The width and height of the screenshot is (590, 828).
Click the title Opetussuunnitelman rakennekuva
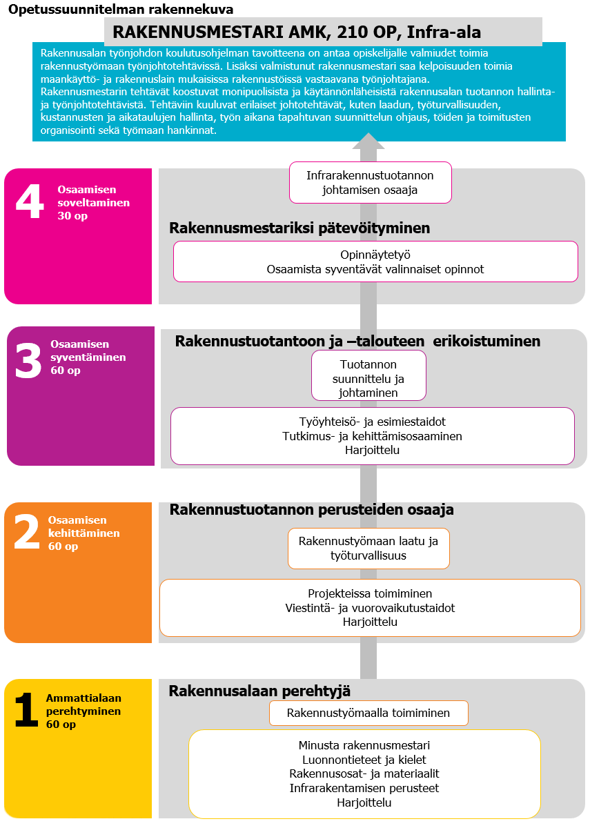[121, 10]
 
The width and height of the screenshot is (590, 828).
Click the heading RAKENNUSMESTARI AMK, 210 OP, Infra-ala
[297, 32]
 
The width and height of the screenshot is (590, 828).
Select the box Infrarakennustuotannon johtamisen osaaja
[370, 182]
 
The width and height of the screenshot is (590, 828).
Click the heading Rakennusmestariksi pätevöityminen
[299, 228]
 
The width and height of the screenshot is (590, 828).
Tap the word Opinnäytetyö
[375, 255]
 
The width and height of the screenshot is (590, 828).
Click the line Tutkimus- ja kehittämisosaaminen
[373, 436]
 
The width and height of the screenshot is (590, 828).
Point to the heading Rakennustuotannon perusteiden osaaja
[311, 510]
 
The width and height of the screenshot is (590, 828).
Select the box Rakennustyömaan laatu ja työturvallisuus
[368, 549]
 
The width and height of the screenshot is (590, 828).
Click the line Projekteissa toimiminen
[370, 593]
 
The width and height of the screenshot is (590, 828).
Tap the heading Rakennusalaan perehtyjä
[260, 691]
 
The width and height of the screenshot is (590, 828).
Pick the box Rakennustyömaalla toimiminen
[368, 713]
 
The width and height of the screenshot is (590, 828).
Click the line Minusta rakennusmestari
[364, 745]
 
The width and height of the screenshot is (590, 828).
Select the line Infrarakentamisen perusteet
[364, 788]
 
